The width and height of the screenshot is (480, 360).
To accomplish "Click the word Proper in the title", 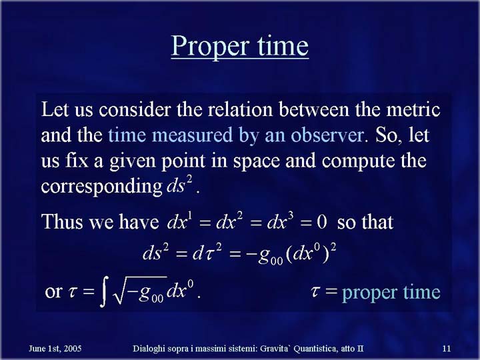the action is click(x=209, y=47).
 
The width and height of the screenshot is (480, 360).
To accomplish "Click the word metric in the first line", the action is click(x=413, y=109).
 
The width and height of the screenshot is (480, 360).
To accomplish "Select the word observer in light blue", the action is click(x=327, y=135).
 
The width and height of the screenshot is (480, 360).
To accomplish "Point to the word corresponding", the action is click(x=101, y=187).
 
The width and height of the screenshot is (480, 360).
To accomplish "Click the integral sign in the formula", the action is click(x=104, y=292).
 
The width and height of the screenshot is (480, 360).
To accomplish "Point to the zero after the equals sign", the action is click(x=322, y=222).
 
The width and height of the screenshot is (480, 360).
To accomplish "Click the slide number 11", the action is click(x=446, y=349).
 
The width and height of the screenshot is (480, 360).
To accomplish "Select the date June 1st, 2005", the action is click(x=55, y=349).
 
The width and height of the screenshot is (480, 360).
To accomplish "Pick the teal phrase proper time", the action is click(x=391, y=293).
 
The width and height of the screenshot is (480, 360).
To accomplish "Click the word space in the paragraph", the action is click(x=257, y=161).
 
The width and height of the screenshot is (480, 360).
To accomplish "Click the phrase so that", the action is click(x=365, y=221).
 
